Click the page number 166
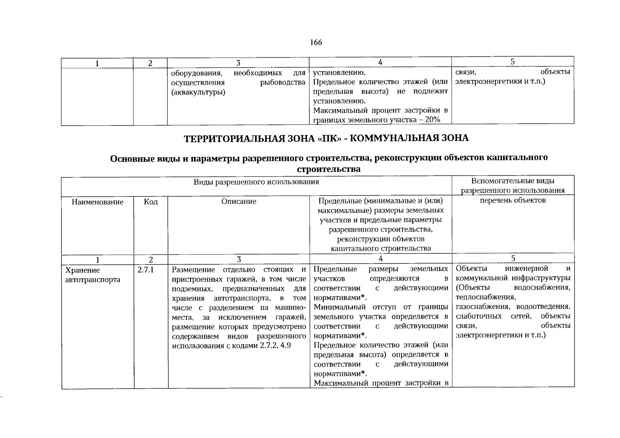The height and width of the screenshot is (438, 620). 316,43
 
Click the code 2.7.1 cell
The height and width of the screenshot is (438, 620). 145,270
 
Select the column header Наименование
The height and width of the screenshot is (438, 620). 98,202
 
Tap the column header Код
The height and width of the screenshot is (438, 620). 151,202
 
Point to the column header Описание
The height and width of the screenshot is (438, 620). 239,201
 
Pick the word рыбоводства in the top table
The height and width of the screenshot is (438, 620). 282,82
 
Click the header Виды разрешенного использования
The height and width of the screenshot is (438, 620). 256,182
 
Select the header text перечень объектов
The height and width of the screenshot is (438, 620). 513,200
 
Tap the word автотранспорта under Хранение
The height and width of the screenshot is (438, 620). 93,280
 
